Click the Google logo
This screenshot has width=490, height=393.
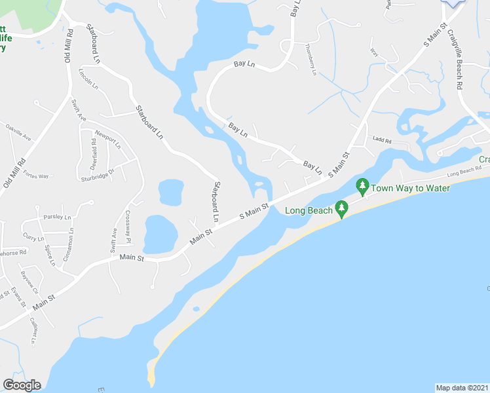point(22,385)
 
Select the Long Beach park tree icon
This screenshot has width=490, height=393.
point(341,208)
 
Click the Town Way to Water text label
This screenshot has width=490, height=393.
point(411,189)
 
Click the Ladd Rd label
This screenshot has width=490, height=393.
point(381,140)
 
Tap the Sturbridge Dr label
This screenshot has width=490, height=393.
point(97,175)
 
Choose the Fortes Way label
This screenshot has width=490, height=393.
point(35,176)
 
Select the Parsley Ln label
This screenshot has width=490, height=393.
point(57,217)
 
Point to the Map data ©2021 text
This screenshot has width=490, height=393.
point(462,388)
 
